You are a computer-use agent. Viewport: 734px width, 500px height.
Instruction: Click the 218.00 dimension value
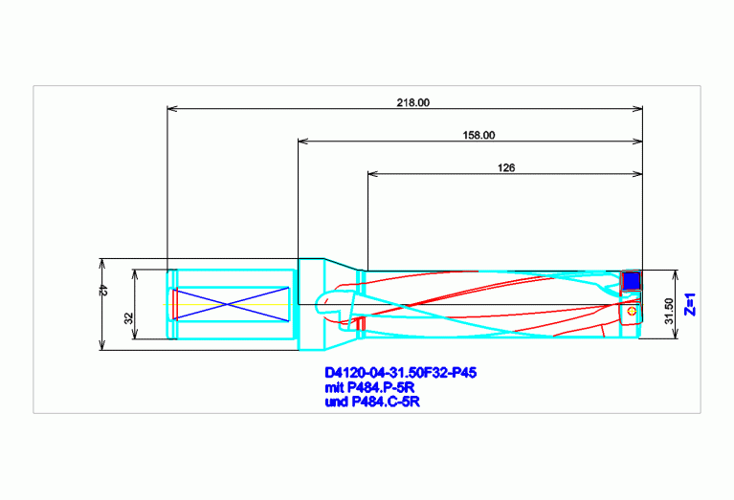[412, 102]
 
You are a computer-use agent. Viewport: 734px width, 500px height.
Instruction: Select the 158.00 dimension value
[478, 135]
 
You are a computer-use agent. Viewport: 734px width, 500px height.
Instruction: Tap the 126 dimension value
[506, 167]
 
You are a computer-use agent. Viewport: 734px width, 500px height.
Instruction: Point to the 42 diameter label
[103, 291]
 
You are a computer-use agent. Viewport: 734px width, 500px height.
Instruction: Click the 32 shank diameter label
[129, 318]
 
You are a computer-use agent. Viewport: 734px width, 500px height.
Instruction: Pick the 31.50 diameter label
[669, 311]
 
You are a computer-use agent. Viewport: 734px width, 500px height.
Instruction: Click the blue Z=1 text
[690, 304]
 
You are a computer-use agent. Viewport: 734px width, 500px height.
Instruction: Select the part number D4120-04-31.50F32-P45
[401, 373]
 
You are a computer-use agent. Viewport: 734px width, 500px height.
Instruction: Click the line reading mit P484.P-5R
[369, 387]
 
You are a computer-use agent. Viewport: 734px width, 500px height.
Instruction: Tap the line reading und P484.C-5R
[372, 402]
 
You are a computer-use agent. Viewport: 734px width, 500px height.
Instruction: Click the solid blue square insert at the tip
[632, 281]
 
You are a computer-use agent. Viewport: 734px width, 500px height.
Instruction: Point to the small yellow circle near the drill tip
[632, 311]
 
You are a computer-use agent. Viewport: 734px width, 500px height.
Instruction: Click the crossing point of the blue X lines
[228, 304]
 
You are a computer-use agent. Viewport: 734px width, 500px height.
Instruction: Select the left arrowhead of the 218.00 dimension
[172, 109]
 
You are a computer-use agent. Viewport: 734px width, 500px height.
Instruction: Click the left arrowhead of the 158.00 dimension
[302, 141]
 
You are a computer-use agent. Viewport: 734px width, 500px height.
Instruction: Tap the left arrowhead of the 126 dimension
[372, 174]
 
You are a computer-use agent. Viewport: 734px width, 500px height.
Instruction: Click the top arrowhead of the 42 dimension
[102, 263]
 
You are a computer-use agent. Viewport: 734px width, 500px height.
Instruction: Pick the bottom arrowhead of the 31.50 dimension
[675, 333]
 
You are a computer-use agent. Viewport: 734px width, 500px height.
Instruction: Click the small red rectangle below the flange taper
[361, 323]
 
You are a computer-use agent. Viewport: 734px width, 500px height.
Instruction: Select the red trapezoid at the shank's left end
[175, 304]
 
